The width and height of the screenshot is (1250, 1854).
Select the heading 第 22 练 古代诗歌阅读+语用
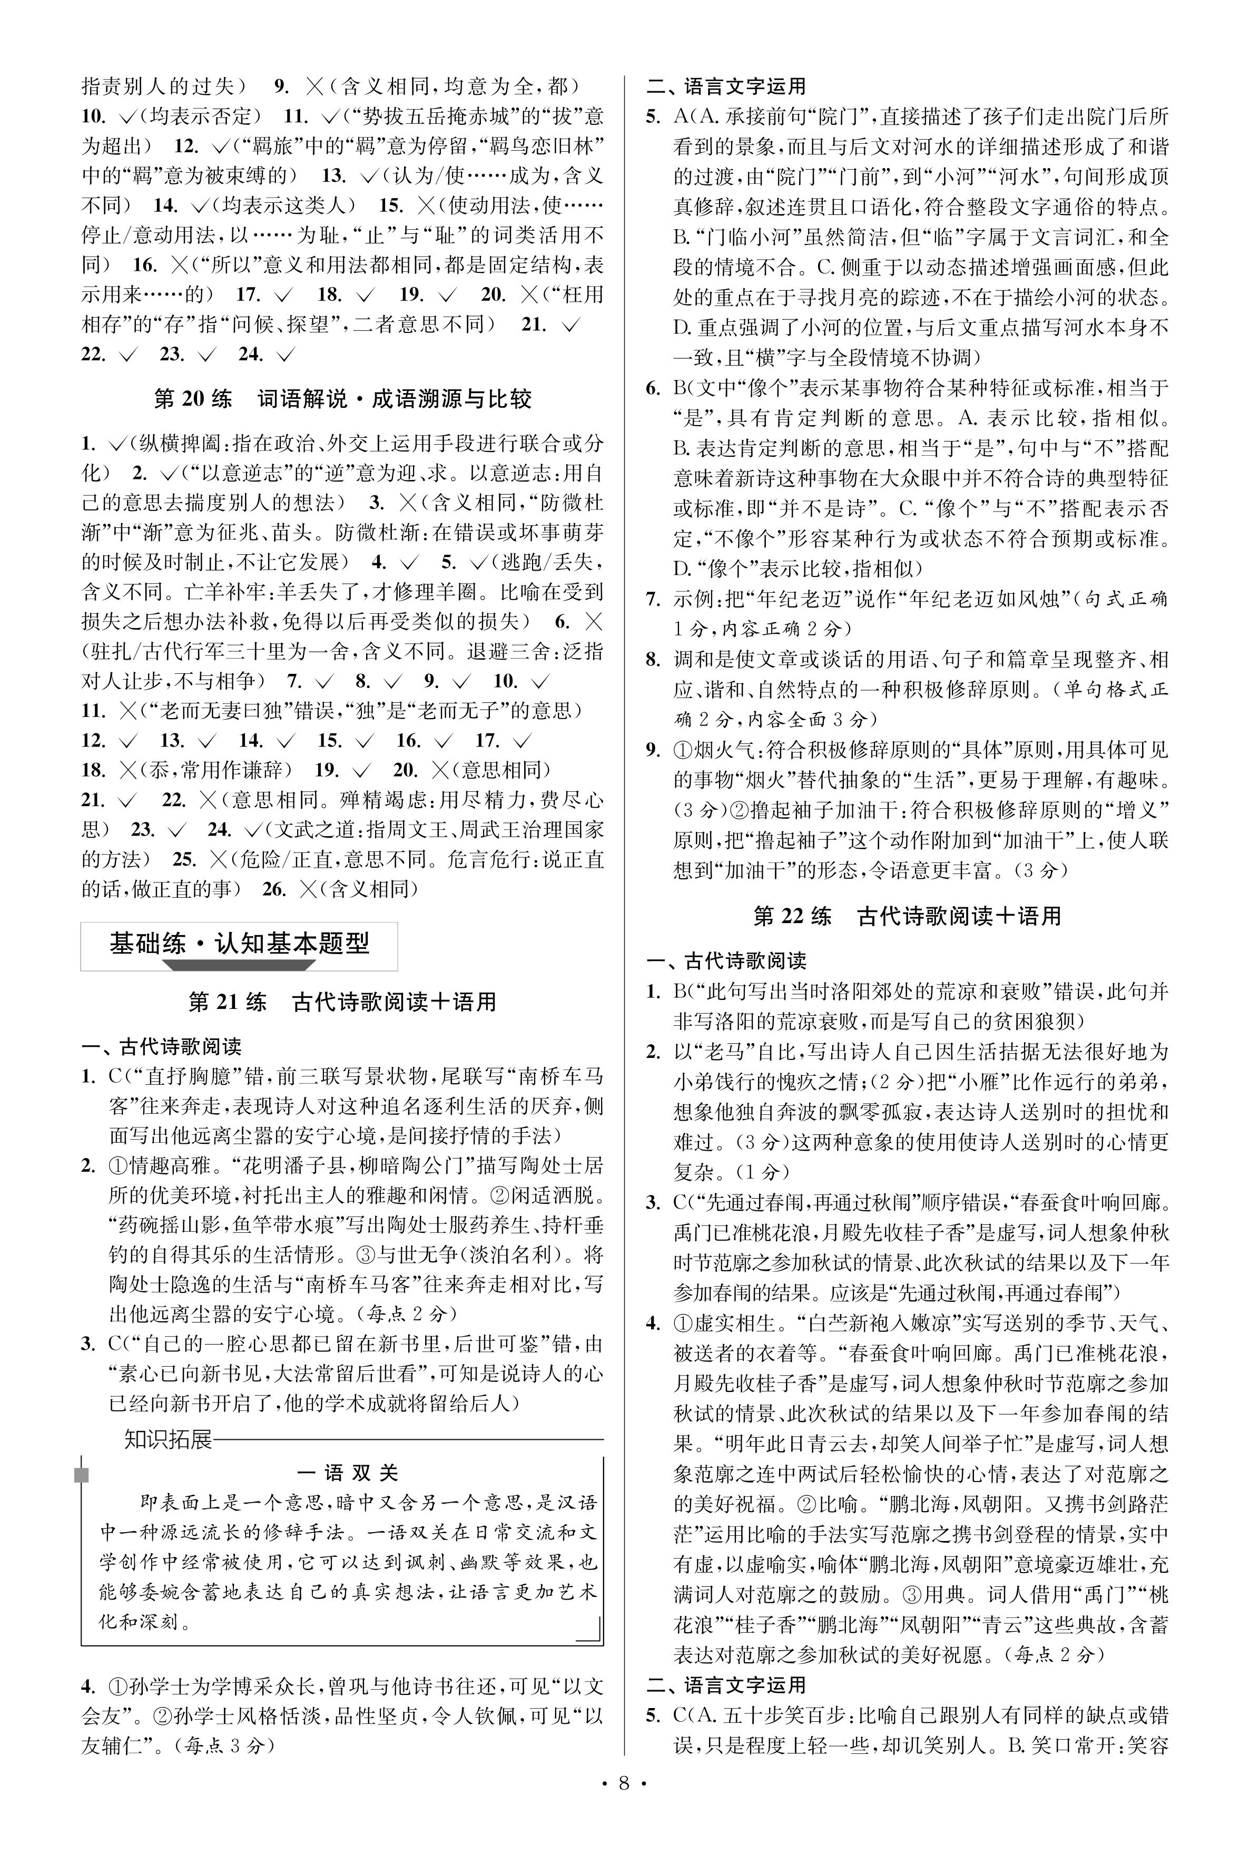tap(907, 916)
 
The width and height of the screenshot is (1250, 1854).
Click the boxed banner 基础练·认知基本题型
tap(239, 944)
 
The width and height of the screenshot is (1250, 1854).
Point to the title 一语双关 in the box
tap(347, 1473)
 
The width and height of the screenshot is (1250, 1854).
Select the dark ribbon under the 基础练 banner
tap(239, 966)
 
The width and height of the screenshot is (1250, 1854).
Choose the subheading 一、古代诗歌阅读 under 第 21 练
tap(161, 1046)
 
